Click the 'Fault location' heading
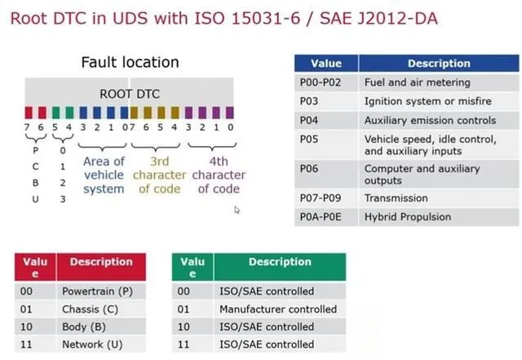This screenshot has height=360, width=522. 130,62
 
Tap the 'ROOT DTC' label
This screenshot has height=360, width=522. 130,94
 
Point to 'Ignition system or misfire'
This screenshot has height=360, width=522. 427,101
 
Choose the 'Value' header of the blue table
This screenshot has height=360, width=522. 326,64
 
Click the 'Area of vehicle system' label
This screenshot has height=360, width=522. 104,175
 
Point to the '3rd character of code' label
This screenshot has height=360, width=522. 160,175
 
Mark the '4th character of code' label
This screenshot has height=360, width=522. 219,175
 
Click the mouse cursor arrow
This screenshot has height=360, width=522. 237,210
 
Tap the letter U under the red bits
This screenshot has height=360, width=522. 35,199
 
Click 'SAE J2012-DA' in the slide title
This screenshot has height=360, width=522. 378,18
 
